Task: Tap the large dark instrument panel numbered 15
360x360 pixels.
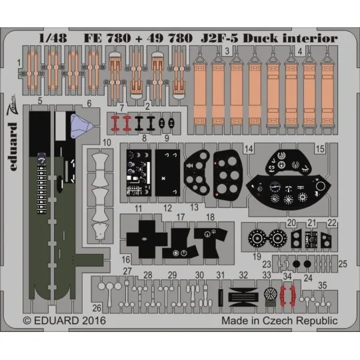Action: click(x=287, y=183)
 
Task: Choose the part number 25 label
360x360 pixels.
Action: click(x=343, y=264)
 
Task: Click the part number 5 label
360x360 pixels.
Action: click(x=40, y=101)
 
